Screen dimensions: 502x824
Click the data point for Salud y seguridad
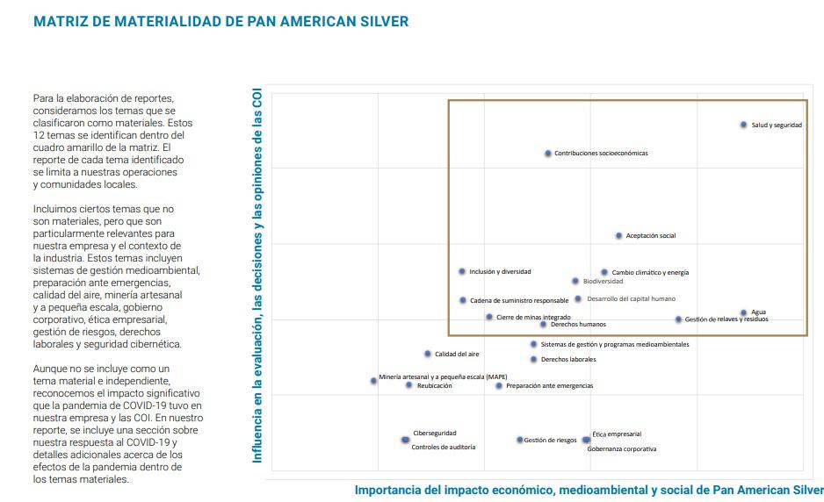click(743, 125)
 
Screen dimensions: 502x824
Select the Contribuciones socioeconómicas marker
click(548, 154)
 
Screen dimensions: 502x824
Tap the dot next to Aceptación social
click(618, 235)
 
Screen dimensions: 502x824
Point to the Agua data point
click(743, 312)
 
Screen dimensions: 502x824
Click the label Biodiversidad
click(603, 282)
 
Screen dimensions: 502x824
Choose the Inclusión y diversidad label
click(500, 272)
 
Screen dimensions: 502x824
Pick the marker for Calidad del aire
click(428, 354)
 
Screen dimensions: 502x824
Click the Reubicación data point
click(408, 385)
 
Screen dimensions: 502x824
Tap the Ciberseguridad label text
click(435, 433)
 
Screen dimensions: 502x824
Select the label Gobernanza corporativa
click(621, 449)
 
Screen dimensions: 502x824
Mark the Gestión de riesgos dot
click(519, 440)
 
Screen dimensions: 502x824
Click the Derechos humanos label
click(577, 325)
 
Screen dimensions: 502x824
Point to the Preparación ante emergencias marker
click(499, 385)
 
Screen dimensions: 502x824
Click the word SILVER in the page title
click(380, 21)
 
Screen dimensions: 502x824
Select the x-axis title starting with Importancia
click(589, 490)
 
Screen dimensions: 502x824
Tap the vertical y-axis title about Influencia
click(258, 276)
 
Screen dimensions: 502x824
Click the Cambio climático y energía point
click(604, 273)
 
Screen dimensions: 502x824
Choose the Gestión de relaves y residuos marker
click(678, 319)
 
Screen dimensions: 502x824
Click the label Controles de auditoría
click(444, 448)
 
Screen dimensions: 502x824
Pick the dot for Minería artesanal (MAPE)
click(373, 381)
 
